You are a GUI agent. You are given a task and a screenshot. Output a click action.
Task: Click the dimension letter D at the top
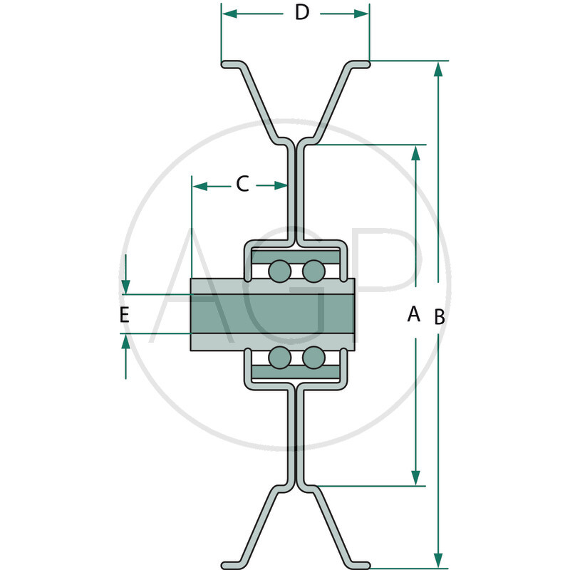point(302,13)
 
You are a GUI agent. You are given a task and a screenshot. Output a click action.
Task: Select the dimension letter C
point(242,185)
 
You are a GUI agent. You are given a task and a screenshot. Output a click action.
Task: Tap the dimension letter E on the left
point(124,315)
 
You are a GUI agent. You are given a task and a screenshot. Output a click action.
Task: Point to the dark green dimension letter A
point(413,313)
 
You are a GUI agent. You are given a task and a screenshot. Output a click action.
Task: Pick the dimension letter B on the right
point(440,318)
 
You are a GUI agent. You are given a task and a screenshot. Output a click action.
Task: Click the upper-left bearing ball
point(279,271)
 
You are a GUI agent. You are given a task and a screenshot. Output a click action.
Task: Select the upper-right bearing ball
point(313,271)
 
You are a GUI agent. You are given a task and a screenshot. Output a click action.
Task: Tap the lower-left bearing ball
point(279,356)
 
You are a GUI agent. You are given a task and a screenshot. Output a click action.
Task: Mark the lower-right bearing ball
point(313,356)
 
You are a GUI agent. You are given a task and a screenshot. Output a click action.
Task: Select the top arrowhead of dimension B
point(439,69)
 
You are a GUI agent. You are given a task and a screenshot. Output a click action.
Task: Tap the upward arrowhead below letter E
point(126,343)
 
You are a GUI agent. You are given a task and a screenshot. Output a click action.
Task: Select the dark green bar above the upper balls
point(296,256)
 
